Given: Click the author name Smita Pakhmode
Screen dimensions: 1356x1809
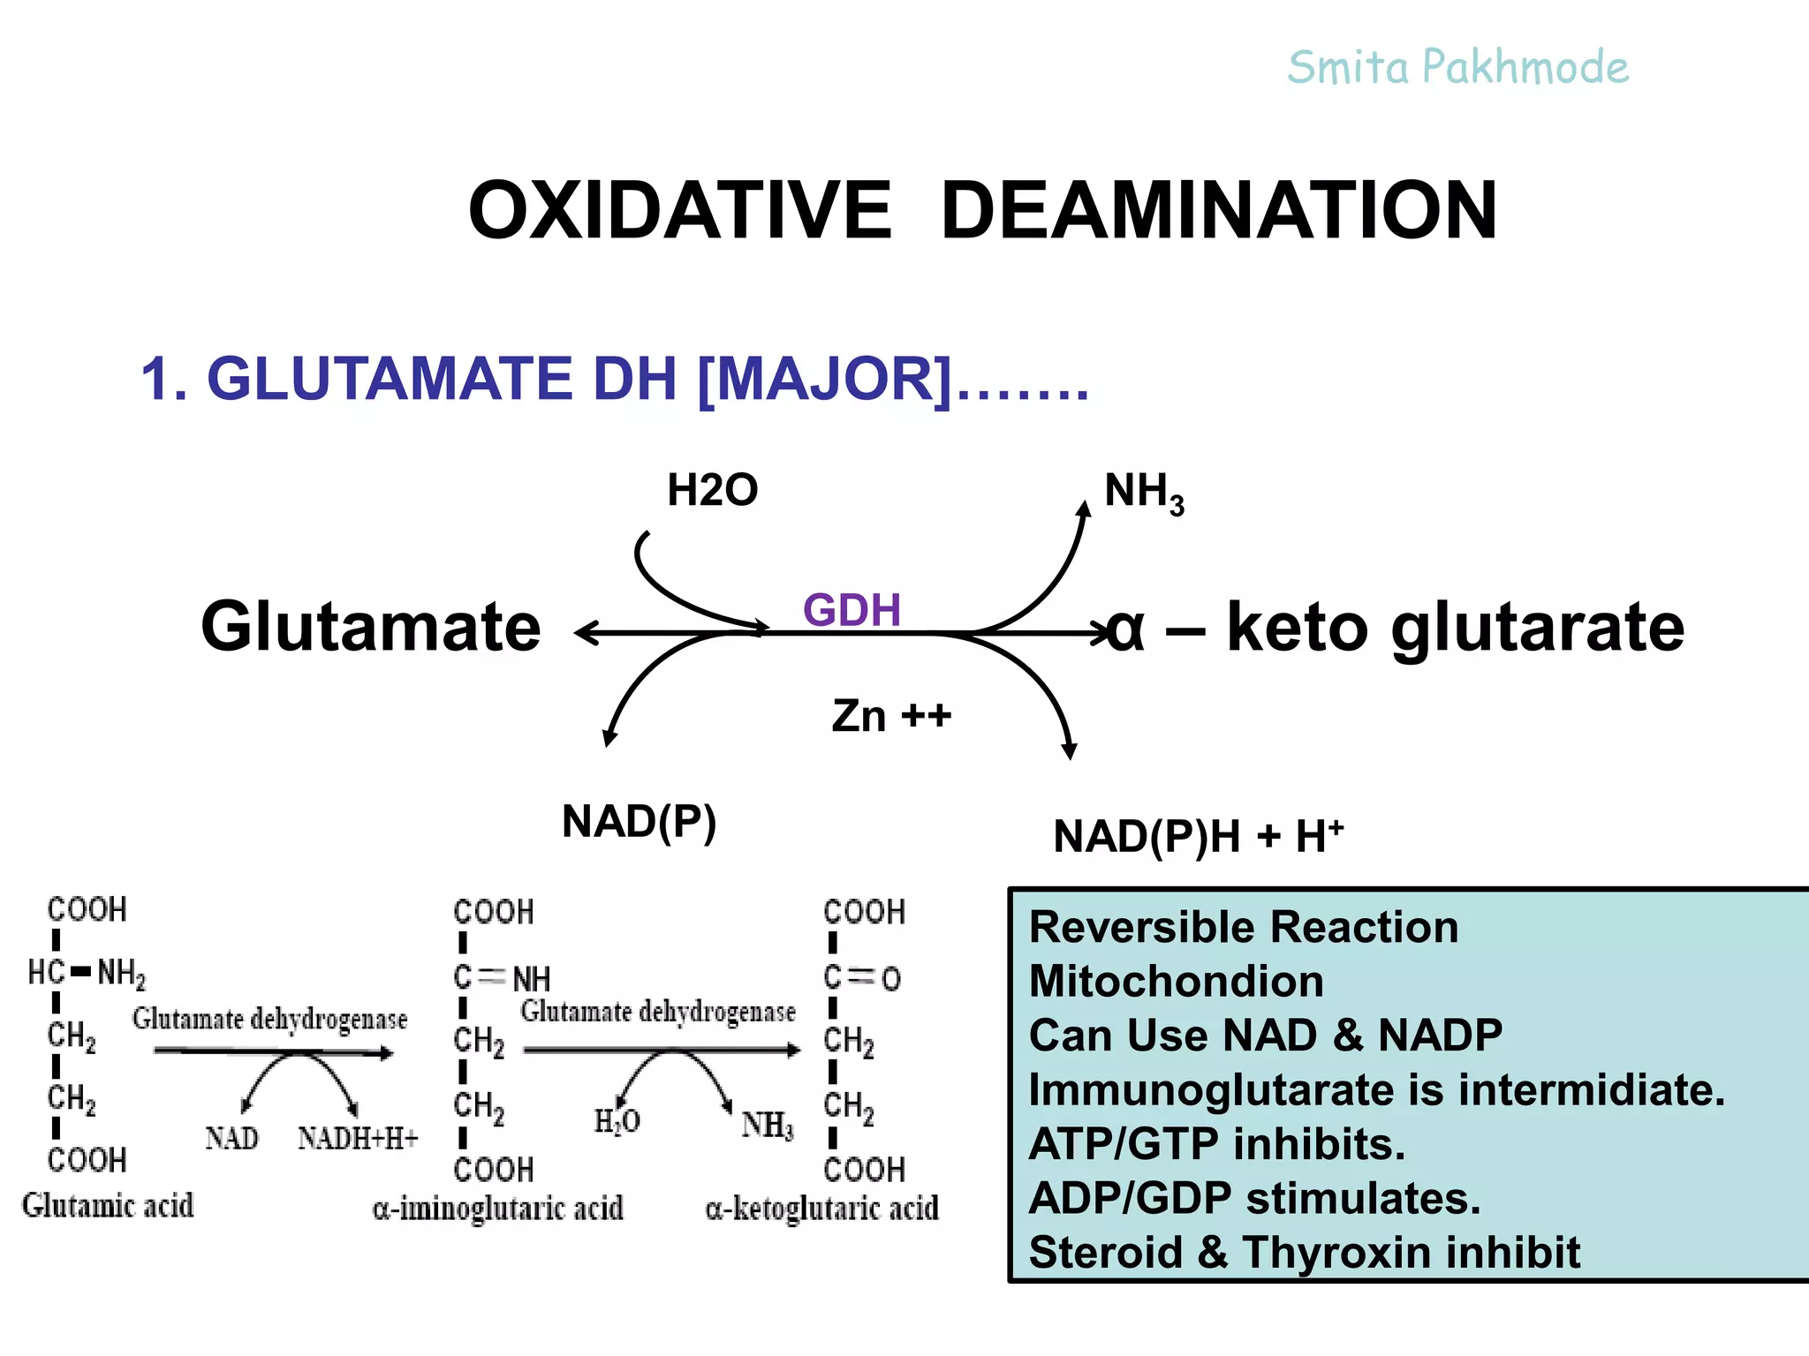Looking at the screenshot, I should click(1457, 68).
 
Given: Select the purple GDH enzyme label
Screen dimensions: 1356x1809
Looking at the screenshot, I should click(852, 609).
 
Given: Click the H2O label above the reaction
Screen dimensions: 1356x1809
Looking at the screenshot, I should click(712, 490).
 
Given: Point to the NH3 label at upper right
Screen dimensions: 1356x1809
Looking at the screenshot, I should click(1143, 492).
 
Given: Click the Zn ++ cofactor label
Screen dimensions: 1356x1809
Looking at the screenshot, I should click(890, 715).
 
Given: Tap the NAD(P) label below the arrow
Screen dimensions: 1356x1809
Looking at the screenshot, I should click(639, 822).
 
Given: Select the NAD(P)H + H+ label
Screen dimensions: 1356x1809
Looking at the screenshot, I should click(1198, 835).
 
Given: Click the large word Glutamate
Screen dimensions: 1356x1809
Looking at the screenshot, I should click(371, 627).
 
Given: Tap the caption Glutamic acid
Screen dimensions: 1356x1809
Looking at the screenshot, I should click(108, 1205).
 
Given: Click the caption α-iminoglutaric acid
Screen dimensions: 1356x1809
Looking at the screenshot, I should click(498, 1208).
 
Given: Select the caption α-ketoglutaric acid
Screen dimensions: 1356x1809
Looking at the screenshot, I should click(821, 1208).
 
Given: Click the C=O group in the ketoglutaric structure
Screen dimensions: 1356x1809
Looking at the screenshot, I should click(862, 978).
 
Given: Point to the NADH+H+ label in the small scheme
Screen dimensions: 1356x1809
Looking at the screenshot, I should click(358, 1138).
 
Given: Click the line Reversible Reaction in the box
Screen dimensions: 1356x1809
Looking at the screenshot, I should click(1243, 927).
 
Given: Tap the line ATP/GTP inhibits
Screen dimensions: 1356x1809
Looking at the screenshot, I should click(1216, 1144).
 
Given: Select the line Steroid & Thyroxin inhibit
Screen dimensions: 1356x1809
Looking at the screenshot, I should click(1304, 1252).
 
